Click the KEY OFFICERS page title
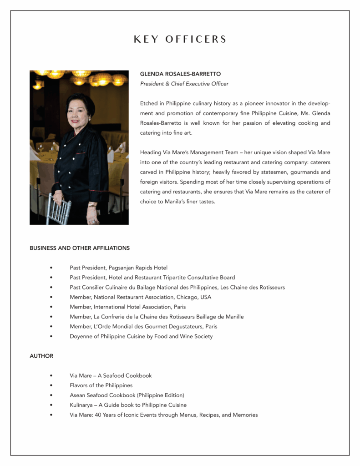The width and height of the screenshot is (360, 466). (x=180, y=40)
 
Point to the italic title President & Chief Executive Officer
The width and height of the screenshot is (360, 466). (x=184, y=84)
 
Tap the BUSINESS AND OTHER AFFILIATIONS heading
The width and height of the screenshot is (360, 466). (x=80, y=248)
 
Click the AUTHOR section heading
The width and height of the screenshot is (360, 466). (x=41, y=356)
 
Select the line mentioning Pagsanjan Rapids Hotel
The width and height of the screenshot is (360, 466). (x=118, y=268)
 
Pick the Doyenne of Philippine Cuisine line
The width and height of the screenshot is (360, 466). (x=141, y=336)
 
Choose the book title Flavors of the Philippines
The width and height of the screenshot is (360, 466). (x=101, y=385)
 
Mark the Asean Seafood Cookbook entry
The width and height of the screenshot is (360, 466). (x=127, y=395)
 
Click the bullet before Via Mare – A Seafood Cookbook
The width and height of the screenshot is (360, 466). (x=51, y=376)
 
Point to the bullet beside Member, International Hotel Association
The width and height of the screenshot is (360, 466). (x=51, y=307)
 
